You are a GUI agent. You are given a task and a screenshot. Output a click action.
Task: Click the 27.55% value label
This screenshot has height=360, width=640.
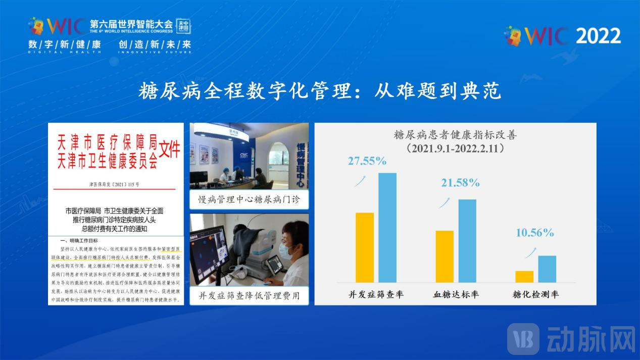[x=367, y=161]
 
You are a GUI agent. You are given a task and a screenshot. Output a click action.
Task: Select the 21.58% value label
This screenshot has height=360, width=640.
[x=460, y=183]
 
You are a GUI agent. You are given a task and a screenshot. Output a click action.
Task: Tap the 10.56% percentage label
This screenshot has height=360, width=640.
[x=534, y=233]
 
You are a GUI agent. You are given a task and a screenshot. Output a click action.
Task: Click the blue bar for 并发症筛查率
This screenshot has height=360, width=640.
[x=387, y=227]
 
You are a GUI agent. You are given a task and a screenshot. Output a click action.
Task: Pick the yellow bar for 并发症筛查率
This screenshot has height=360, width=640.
[x=365, y=247]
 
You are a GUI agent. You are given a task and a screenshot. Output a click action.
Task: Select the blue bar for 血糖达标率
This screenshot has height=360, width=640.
[x=467, y=241]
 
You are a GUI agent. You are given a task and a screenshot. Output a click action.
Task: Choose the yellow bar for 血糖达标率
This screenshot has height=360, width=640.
[x=445, y=256]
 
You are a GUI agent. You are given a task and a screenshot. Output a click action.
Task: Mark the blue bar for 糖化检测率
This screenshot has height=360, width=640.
[x=547, y=269]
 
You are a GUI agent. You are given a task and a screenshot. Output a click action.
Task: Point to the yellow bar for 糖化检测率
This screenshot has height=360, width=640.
[x=524, y=277]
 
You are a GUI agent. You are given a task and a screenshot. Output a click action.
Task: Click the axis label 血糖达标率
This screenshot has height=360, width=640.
[x=456, y=294]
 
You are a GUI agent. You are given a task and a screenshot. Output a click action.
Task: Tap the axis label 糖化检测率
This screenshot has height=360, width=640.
[x=535, y=294]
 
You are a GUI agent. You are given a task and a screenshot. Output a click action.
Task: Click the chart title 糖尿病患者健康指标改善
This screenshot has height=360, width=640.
[x=455, y=136]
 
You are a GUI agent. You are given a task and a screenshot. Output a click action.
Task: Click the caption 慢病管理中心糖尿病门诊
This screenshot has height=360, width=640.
[x=249, y=200]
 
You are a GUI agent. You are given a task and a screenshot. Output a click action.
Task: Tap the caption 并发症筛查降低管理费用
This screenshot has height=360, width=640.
[x=249, y=295]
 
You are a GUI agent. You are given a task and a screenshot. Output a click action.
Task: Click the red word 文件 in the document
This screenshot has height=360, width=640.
[x=170, y=150]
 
